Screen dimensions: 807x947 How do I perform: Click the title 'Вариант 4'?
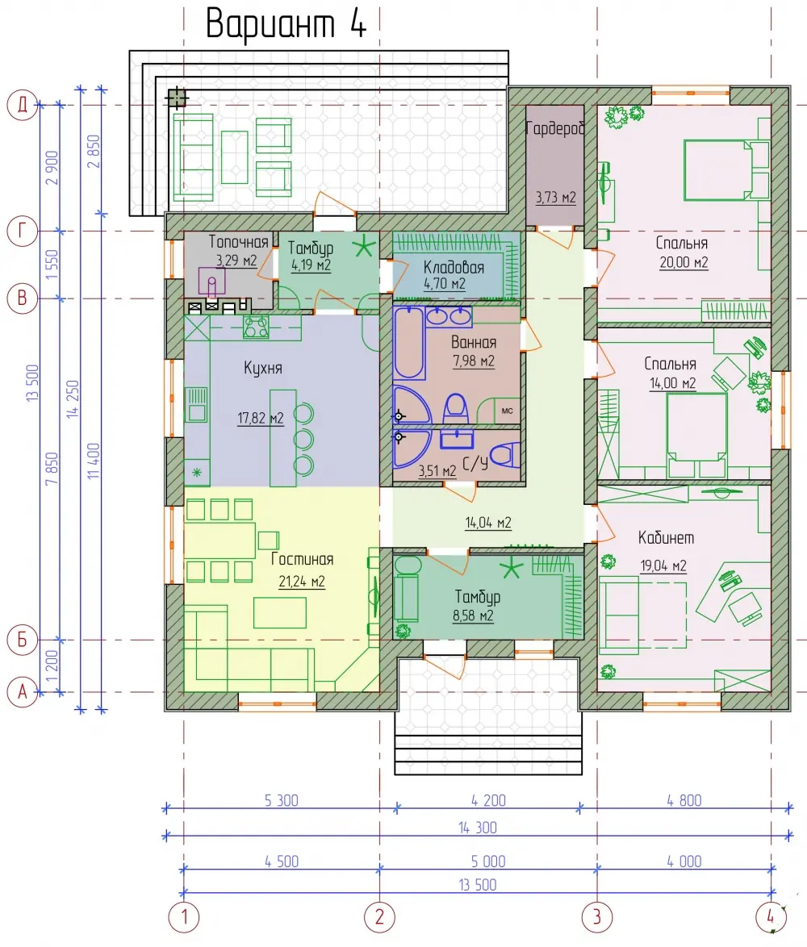(x=286, y=24)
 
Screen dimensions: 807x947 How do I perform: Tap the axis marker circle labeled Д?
(x=23, y=105)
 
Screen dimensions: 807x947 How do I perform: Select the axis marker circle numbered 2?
(x=379, y=917)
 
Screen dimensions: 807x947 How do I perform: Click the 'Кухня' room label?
(x=263, y=368)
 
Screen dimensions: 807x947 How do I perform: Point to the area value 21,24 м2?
(x=302, y=582)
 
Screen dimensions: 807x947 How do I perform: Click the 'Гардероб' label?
(x=555, y=128)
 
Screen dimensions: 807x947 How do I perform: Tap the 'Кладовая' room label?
(x=454, y=267)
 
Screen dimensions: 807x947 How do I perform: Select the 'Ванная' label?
(x=474, y=343)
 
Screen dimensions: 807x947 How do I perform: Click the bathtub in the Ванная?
(x=409, y=343)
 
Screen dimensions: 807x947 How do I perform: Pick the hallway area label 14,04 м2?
(x=488, y=523)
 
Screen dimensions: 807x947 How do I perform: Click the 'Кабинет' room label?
(x=666, y=537)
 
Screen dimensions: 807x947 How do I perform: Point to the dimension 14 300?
(x=477, y=828)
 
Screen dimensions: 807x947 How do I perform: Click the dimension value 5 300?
(x=282, y=800)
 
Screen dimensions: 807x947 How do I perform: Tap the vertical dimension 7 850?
(x=52, y=469)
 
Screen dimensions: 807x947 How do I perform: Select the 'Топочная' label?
(x=238, y=241)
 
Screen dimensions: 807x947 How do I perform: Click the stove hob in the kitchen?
(x=256, y=327)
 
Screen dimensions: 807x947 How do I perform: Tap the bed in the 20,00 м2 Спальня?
(x=719, y=169)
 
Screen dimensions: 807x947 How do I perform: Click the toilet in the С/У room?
(x=504, y=456)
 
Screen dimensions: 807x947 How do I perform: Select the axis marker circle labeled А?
(x=23, y=691)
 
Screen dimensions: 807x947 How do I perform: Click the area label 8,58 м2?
(x=473, y=616)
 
